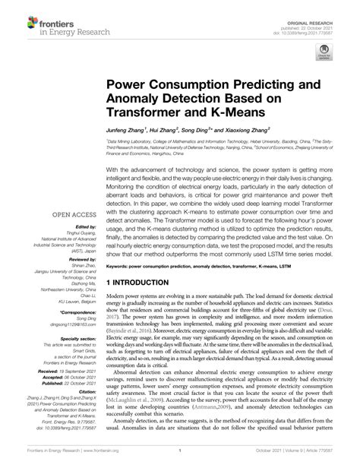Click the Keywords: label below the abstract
(x=120, y=267)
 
